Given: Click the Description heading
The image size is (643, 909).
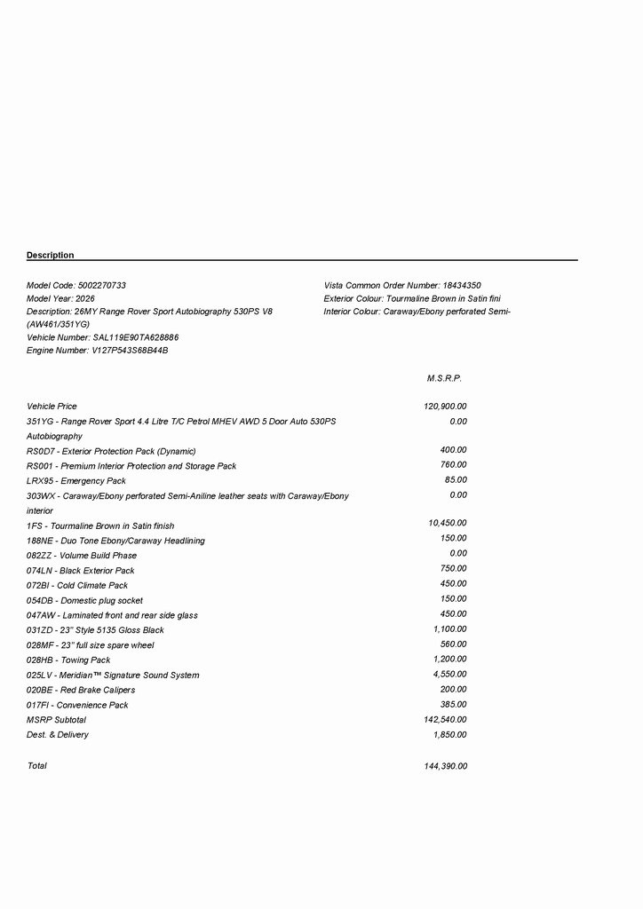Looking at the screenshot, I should pyautogui.click(x=51, y=256).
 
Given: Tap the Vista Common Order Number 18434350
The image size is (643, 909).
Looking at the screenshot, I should pyautogui.click(x=462, y=286).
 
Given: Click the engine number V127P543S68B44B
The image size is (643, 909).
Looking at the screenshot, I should pyautogui.click(x=130, y=352).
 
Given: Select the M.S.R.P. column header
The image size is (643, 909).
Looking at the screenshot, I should pyautogui.click(x=444, y=378).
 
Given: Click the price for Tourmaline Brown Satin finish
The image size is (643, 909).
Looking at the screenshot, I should pyautogui.click(x=448, y=524).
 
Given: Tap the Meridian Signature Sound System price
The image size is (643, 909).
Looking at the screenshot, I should pyautogui.click(x=449, y=675).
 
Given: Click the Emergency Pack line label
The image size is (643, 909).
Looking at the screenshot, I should pyautogui.click(x=76, y=481).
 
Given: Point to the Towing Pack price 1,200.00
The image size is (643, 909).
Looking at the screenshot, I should pyautogui.click(x=449, y=660).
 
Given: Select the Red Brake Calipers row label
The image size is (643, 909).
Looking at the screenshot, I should pyautogui.click(x=81, y=690).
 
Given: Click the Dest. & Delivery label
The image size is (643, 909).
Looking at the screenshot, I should pyautogui.click(x=58, y=735).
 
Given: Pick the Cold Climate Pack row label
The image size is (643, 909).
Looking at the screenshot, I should pyautogui.click(x=77, y=586).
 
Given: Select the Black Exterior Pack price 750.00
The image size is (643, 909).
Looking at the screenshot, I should pyautogui.click(x=453, y=569).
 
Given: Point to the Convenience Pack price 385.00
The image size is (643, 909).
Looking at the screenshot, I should pyautogui.click(x=453, y=704).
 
